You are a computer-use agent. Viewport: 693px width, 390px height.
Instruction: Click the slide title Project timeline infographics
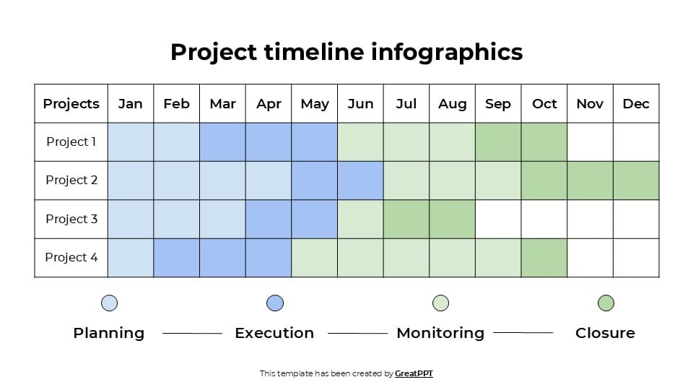click(x=346, y=52)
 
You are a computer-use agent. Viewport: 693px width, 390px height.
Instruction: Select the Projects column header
click(x=71, y=103)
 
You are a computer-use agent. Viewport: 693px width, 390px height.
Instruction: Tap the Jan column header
click(x=130, y=103)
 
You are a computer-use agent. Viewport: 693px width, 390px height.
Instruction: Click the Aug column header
click(x=452, y=103)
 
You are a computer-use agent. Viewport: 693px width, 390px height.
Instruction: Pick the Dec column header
click(x=636, y=103)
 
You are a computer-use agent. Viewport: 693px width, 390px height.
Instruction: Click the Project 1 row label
click(x=71, y=142)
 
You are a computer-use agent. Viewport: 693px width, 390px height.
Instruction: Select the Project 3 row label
click(x=71, y=219)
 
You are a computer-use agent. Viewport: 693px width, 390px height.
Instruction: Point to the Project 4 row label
click(x=71, y=257)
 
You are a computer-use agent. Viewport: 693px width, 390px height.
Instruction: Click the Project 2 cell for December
click(x=636, y=181)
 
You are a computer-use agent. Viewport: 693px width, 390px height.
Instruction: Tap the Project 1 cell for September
click(x=498, y=142)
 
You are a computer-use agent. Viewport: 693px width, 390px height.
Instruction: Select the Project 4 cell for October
click(x=544, y=258)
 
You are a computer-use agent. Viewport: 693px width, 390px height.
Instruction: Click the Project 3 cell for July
click(x=406, y=219)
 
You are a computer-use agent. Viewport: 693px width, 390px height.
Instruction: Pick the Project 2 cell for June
click(x=360, y=181)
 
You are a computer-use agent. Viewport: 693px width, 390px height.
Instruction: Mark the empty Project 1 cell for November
click(x=590, y=142)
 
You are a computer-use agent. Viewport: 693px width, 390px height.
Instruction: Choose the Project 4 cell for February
click(x=176, y=258)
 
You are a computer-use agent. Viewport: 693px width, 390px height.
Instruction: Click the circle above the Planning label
click(x=110, y=303)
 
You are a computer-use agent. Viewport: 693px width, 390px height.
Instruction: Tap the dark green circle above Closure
click(x=606, y=303)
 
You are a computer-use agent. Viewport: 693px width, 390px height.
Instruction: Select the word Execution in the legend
click(x=274, y=333)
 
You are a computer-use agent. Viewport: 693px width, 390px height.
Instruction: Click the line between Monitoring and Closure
click(x=523, y=333)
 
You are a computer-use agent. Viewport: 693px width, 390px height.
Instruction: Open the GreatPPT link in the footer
click(x=414, y=373)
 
